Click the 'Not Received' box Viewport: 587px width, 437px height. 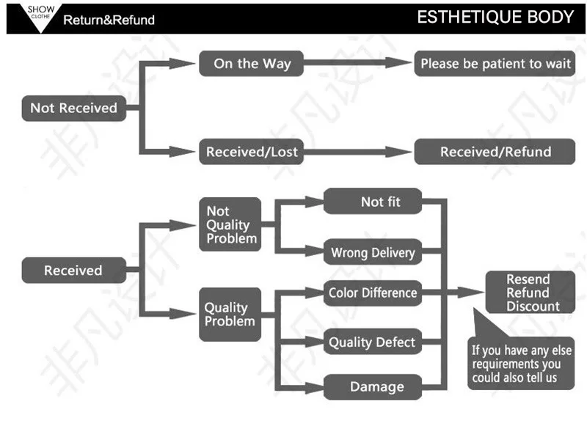[x=74, y=108]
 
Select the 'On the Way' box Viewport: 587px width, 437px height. [x=251, y=64]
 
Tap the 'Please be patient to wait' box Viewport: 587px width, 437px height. [x=495, y=64]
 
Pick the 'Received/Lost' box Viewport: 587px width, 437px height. [x=251, y=152]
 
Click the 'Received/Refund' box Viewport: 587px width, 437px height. [x=495, y=152]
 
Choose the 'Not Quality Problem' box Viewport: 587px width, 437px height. [x=230, y=224]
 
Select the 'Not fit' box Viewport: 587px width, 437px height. [x=373, y=202]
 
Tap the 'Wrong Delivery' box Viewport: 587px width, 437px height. [x=373, y=251]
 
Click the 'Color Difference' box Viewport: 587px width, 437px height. [x=373, y=293]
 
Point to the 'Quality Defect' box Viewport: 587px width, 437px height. [x=373, y=342]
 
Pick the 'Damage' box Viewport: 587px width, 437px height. [x=373, y=387]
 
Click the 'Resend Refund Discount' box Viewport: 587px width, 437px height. [x=530, y=293]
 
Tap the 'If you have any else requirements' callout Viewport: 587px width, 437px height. [x=521, y=363]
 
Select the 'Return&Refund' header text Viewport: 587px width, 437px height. [x=109, y=20]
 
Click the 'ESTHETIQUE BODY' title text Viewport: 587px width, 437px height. [x=495, y=17]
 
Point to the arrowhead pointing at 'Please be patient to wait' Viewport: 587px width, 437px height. [x=398, y=63]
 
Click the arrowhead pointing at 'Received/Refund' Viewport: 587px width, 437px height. [x=398, y=152]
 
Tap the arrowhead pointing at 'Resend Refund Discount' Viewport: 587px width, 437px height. [x=471, y=293]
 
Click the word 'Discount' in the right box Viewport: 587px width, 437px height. [x=533, y=306]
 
